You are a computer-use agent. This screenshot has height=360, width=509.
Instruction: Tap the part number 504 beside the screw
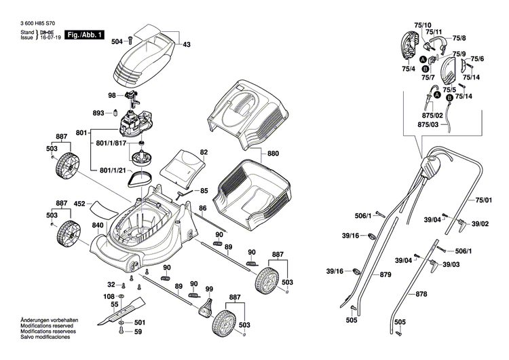(x=117, y=42)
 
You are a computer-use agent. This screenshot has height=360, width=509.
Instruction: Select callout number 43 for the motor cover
(x=187, y=44)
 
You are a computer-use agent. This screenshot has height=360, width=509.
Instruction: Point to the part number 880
(x=274, y=154)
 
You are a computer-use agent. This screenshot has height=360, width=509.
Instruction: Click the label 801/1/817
(x=111, y=143)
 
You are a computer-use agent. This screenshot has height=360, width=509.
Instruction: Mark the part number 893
(x=98, y=113)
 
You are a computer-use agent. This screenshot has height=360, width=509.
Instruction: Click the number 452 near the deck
(x=79, y=203)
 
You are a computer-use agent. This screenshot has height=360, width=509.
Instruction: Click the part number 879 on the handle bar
(x=385, y=274)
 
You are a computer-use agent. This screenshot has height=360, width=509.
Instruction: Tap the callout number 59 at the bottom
(x=138, y=331)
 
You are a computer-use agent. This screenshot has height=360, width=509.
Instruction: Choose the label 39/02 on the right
(x=480, y=223)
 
